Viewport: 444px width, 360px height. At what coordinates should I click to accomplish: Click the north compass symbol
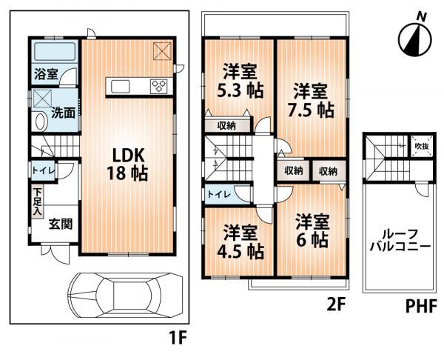[x=414, y=37]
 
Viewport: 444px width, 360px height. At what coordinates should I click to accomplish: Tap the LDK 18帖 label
[x=128, y=164]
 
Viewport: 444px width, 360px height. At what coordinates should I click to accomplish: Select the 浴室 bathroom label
[x=43, y=73]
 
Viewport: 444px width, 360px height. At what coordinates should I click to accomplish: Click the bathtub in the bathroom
[x=54, y=52]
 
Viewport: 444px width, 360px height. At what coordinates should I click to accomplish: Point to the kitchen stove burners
[x=159, y=85]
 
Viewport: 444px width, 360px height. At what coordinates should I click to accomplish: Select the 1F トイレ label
[x=41, y=170]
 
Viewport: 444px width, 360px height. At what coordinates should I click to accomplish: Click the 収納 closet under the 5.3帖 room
[x=226, y=125]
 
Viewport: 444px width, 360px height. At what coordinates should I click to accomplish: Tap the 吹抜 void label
[x=420, y=146]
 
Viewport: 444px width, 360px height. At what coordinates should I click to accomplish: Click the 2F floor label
[x=337, y=304]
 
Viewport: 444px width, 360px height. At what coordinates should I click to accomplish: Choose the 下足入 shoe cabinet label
[x=36, y=199]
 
